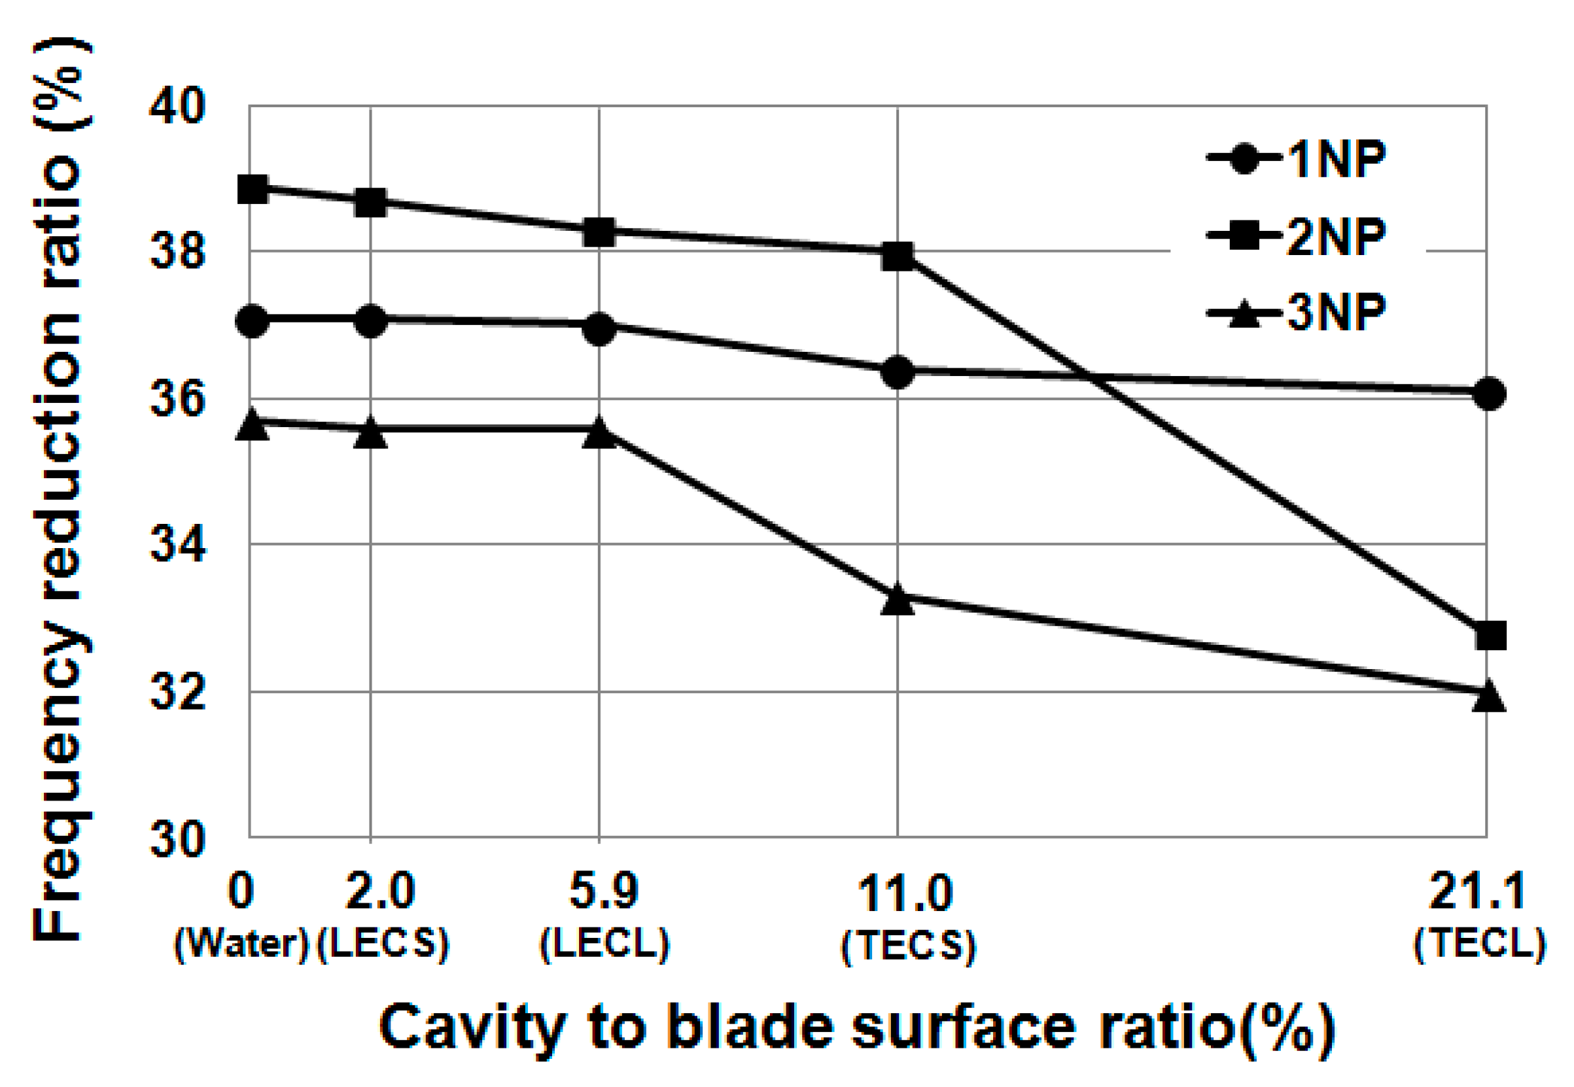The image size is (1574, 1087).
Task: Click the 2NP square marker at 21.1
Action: (1490, 636)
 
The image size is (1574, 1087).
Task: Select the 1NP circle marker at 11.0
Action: (897, 372)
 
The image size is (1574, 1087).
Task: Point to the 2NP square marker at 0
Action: (253, 188)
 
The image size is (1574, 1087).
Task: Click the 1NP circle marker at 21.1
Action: (1489, 394)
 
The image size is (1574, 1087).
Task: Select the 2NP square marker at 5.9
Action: (599, 232)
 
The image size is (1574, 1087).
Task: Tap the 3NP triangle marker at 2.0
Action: (370, 433)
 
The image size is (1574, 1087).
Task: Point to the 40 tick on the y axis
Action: (178, 106)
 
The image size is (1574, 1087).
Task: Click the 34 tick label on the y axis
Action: (178, 544)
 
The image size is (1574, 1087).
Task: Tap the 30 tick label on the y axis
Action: (178, 839)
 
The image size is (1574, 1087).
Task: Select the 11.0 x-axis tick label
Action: (905, 893)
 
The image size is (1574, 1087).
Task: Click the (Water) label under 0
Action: (243, 944)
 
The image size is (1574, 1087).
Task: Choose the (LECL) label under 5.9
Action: (604, 944)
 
